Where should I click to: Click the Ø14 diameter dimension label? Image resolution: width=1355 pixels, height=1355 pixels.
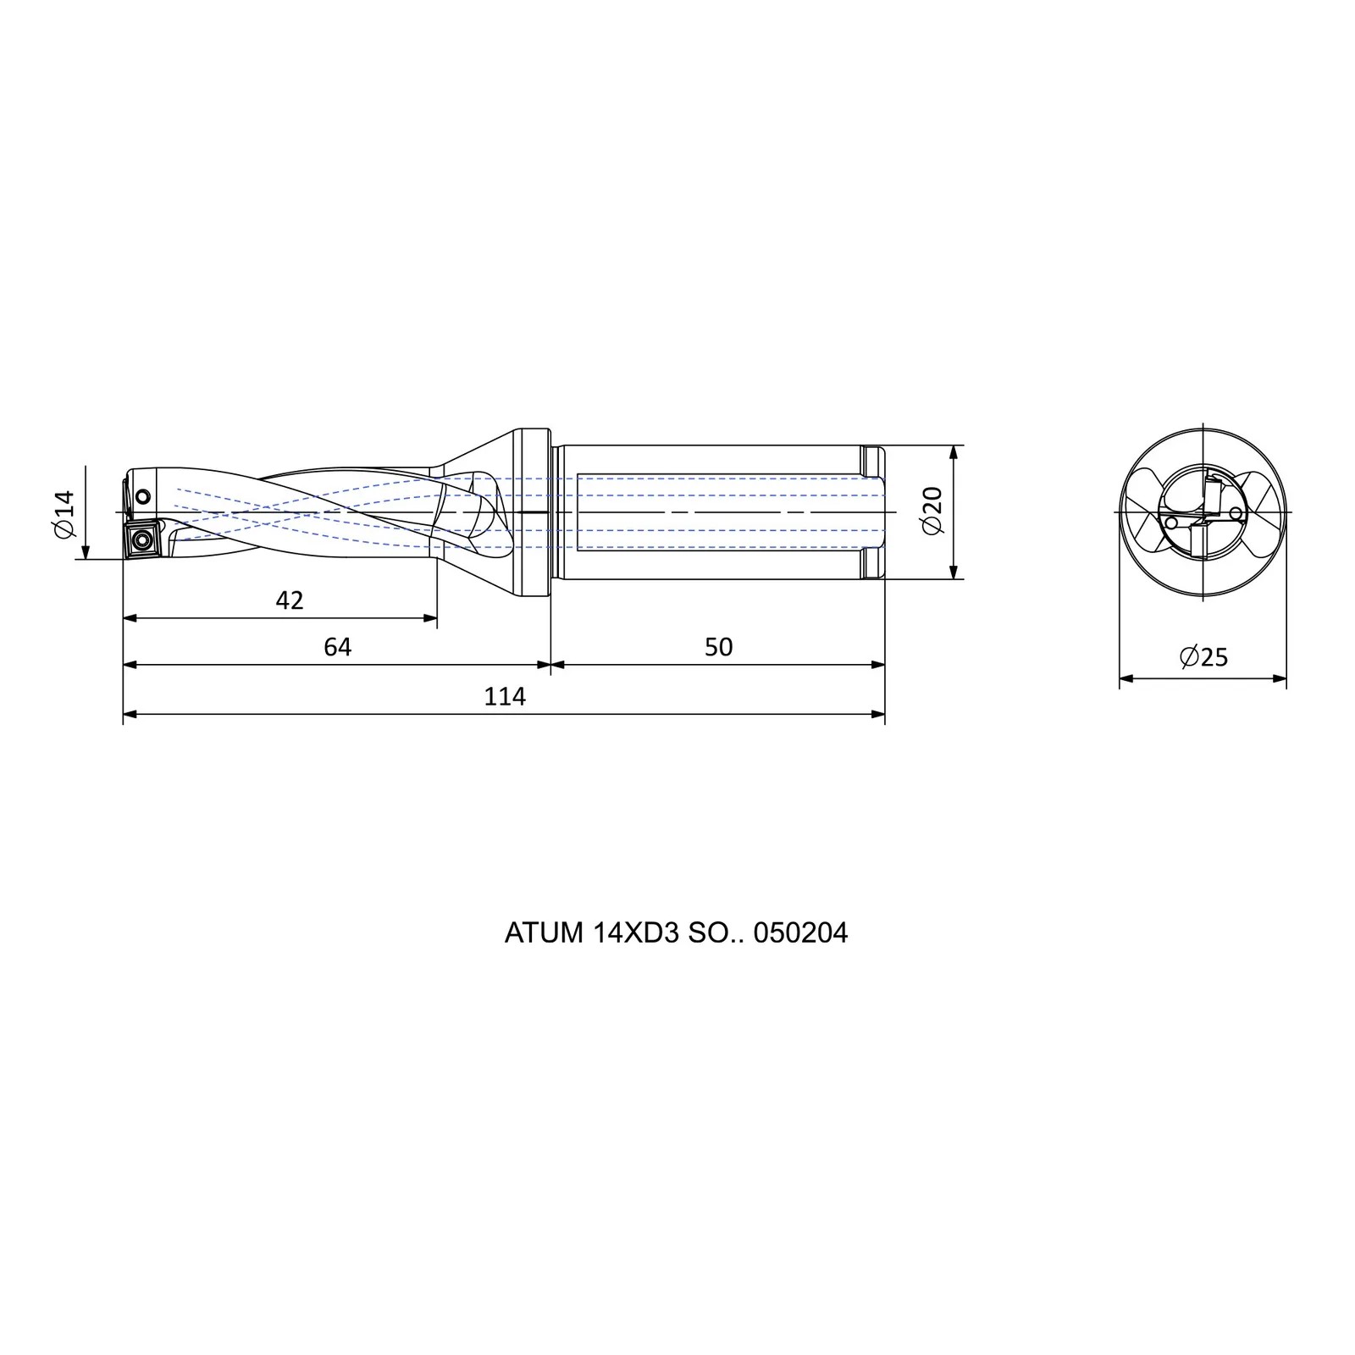pos(65,514)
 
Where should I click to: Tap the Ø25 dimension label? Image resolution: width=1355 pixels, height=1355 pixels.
pos(1203,656)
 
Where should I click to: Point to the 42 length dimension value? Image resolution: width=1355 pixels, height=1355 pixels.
pos(290,600)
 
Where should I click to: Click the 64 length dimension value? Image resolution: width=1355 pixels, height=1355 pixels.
pos(337,647)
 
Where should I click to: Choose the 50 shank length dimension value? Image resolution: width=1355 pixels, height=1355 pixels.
pos(718,647)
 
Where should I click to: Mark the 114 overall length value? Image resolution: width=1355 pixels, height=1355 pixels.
pos(505,696)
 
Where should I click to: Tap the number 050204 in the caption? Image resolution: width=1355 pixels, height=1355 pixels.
pos(800,932)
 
